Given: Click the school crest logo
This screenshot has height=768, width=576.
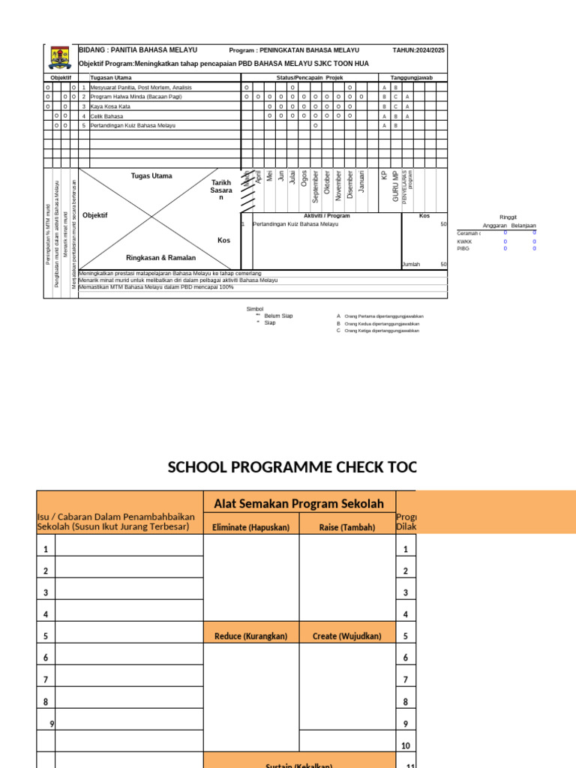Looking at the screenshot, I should pyautogui.click(x=60, y=58).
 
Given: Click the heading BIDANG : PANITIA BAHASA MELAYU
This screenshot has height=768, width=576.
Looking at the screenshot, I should pyautogui.click(x=138, y=49).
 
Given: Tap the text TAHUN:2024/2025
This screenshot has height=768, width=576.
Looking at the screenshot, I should pyautogui.click(x=418, y=50).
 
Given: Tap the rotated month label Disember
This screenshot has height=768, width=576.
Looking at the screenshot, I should pyautogui.click(x=350, y=184).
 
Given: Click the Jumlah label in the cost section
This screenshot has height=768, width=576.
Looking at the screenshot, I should pyautogui.click(x=411, y=264).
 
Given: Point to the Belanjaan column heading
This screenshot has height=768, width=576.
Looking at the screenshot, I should pyautogui.click(x=523, y=225).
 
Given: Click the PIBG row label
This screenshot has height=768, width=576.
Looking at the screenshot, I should pyautogui.click(x=463, y=248).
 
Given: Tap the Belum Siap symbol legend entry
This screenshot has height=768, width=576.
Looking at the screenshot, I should pyautogui.click(x=278, y=316).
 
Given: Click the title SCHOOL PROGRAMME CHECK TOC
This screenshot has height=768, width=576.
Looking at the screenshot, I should pyautogui.click(x=291, y=467).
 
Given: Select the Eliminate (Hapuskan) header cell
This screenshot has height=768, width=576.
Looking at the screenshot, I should pyautogui.click(x=250, y=526).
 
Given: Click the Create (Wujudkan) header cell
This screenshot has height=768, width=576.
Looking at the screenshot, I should pyautogui.click(x=346, y=636).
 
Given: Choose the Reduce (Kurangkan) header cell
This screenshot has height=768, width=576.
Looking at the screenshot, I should pyautogui.click(x=250, y=636).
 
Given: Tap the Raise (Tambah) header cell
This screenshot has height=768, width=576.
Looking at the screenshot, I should pyautogui.click(x=346, y=526).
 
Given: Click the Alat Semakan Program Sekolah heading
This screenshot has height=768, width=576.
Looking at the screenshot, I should pyautogui.click(x=298, y=503).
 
